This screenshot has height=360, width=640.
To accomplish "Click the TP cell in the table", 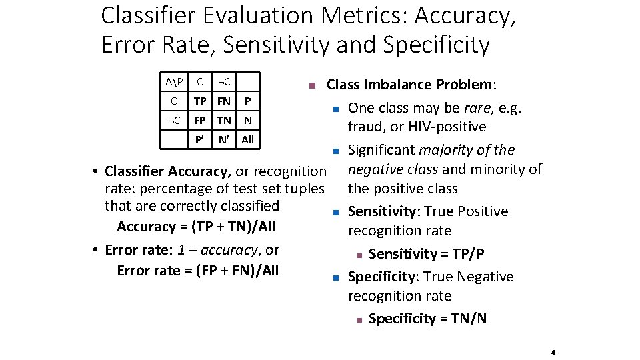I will [x=199, y=101].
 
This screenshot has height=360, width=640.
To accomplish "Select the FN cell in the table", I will [x=224, y=101].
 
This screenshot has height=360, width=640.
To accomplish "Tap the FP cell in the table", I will [x=199, y=121].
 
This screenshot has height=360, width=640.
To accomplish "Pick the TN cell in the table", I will [x=224, y=121].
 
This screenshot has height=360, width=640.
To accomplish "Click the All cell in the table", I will [x=247, y=140].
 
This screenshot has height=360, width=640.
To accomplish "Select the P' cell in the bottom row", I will [x=199, y=140].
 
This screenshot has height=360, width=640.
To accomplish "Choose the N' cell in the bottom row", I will [x=224, y=140].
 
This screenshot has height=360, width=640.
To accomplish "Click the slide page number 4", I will [x=553, y=353].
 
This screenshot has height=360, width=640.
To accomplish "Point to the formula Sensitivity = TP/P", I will [x=426, y=254].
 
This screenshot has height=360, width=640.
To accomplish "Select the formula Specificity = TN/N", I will [x=427, y=319].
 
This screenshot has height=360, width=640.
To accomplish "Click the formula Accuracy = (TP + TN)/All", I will [x=196, y=227].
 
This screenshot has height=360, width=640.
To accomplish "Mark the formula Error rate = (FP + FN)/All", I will [x=197, y=270].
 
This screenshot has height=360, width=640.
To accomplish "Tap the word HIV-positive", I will [x=445, y=127].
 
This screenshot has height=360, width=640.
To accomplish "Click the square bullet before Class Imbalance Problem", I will [x=311, y=86].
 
